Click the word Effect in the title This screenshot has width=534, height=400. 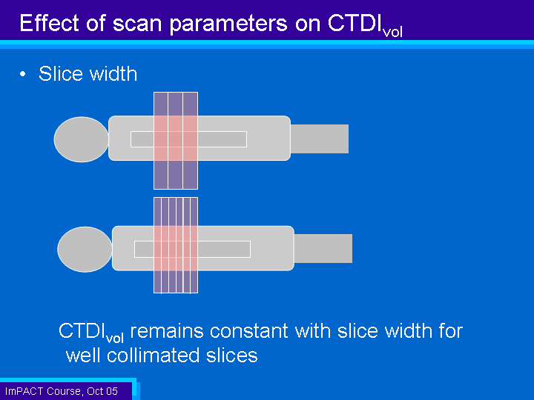50,23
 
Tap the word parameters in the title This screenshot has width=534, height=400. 228,24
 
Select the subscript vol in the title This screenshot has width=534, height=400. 392,32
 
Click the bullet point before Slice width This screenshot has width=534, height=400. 23,74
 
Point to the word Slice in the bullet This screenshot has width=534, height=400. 61,73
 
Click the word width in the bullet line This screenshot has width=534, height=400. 113,73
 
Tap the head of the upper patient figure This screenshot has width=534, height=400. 81,139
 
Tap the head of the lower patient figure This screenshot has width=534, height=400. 85,250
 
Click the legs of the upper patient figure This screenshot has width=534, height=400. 320,139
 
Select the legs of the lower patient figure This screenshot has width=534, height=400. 323,248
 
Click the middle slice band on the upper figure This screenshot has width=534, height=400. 175,141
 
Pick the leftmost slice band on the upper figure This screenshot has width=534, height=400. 161,141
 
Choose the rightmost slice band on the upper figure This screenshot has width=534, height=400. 191,141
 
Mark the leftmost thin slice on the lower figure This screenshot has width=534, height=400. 157,245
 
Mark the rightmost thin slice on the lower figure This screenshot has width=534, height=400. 194,245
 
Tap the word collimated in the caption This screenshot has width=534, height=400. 154,356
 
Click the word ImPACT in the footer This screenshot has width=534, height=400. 24,391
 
